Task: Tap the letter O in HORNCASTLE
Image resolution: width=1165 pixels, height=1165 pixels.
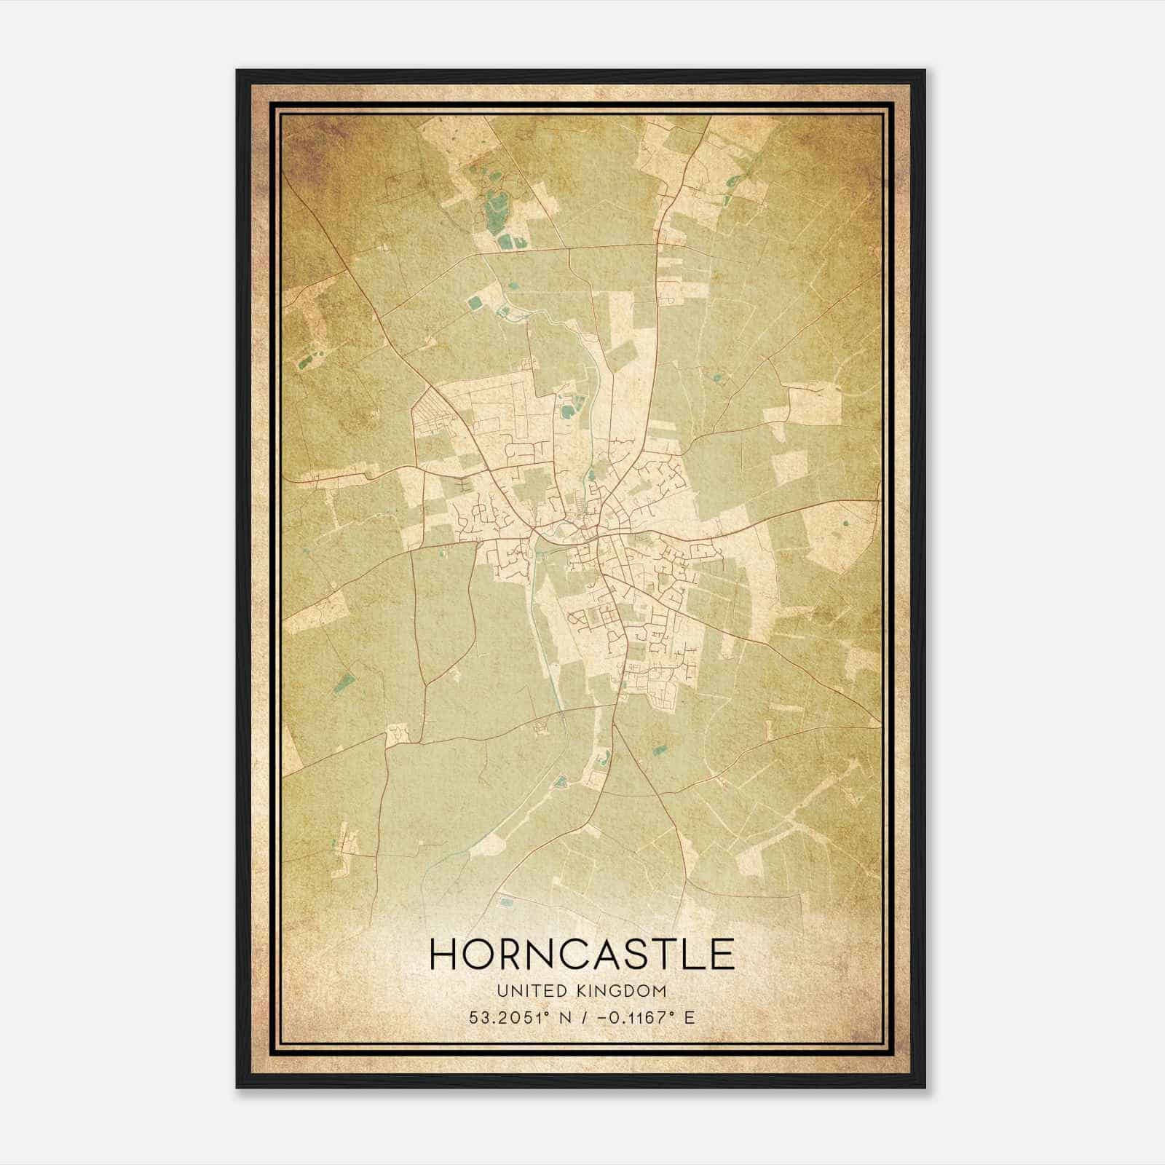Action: (481, 954)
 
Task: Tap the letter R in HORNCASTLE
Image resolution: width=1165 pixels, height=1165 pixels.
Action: (516, 954)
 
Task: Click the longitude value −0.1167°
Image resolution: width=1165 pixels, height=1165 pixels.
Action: (631, 1016)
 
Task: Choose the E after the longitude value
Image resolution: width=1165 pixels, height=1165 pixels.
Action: (690, 1016)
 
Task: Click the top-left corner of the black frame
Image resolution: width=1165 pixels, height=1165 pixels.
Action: (237, 71)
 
